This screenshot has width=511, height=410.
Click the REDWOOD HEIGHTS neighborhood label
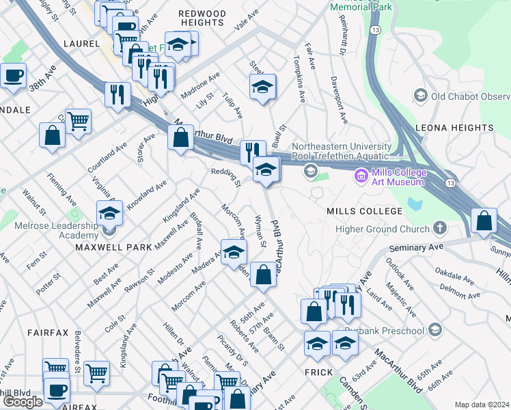[202, 18]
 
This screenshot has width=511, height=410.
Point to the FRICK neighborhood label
[318, 372]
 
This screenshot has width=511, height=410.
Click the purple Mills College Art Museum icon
[361, 176]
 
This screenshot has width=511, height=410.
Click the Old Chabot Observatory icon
[420, 96]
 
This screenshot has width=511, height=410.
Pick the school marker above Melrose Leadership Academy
[109, 215]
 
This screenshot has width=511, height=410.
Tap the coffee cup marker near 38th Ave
[14, 76]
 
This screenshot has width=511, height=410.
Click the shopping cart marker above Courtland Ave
[79, 122]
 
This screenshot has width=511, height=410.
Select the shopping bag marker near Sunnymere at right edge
[484, 221]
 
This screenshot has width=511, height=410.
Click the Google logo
[23, 402]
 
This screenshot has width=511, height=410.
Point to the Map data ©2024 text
[482, 405]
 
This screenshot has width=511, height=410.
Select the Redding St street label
[227, 178]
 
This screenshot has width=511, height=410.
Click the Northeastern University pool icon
[311, 171]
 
